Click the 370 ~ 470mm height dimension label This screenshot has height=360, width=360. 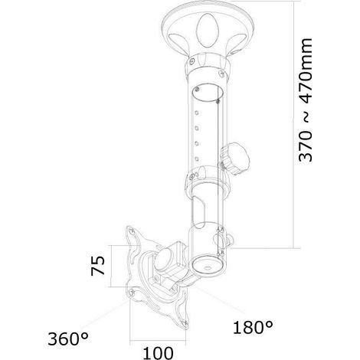306,100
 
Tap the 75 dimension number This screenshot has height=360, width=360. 97,266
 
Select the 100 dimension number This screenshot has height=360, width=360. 158,353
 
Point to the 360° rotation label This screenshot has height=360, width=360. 68,339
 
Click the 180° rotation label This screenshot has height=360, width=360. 253,327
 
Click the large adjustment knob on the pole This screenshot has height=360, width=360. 235,159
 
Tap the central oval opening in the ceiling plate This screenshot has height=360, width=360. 208,30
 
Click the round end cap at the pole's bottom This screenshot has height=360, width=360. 208,267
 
